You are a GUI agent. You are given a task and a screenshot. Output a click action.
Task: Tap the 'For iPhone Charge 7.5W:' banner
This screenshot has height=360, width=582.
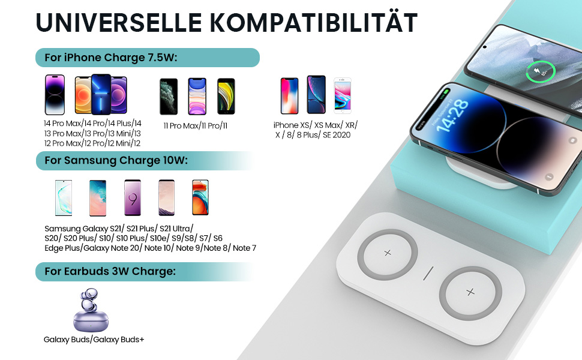pos(148,58)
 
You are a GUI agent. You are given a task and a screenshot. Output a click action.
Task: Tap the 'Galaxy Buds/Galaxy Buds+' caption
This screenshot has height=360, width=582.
pos(94,340)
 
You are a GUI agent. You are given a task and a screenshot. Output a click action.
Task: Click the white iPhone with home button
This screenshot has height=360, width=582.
pos(343,95)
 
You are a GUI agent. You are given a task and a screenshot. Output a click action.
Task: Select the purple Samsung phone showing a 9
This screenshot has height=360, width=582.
pos(133,197)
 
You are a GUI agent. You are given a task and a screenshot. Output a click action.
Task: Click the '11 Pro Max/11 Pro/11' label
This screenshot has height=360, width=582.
pos(196,125)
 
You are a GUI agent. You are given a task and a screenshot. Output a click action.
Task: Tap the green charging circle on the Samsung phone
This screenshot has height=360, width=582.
pos(540,72)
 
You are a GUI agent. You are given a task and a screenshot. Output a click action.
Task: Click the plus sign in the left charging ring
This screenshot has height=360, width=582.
pos(388,253)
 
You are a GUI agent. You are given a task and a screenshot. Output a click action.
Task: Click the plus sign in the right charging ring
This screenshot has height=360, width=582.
pos(470,292)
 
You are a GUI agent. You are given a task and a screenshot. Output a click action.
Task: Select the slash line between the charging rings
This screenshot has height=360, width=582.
pos(428,273)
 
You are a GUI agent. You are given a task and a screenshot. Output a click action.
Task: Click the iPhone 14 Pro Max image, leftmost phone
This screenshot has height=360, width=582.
pos(55,95)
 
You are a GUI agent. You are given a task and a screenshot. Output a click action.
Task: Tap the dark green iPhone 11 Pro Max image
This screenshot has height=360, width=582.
pos(169,96)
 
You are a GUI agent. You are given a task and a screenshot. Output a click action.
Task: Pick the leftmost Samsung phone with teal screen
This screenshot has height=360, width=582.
pos(64,197)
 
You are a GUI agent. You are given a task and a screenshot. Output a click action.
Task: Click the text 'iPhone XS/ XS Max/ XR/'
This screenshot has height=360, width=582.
pos(315,125)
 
